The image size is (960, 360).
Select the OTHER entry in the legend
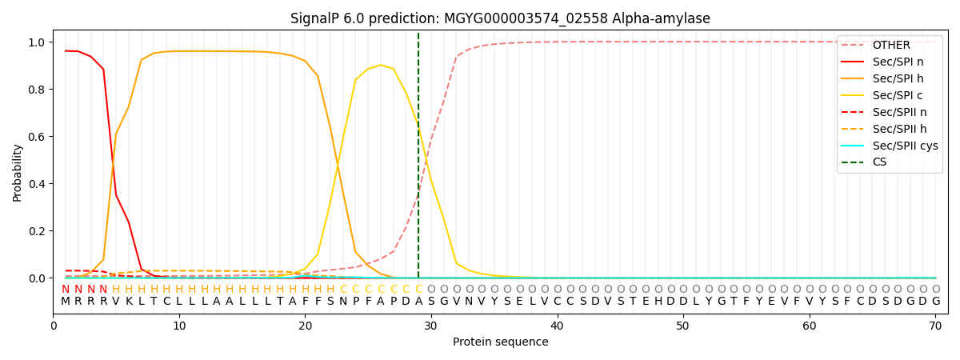click(890, 45)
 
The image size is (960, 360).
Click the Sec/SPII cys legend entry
click(905, 146)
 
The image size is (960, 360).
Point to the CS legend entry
click(879, 162)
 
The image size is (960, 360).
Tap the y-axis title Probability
click(18, 172)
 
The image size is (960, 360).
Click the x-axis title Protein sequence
click(500, 342)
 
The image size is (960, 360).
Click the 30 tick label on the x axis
click(430, 326)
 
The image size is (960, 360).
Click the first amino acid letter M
click(66, 302)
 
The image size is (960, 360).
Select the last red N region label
click(103, 290)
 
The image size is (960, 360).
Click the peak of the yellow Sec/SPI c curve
click(381, 65)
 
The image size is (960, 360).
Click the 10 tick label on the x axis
click(178, 326)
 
